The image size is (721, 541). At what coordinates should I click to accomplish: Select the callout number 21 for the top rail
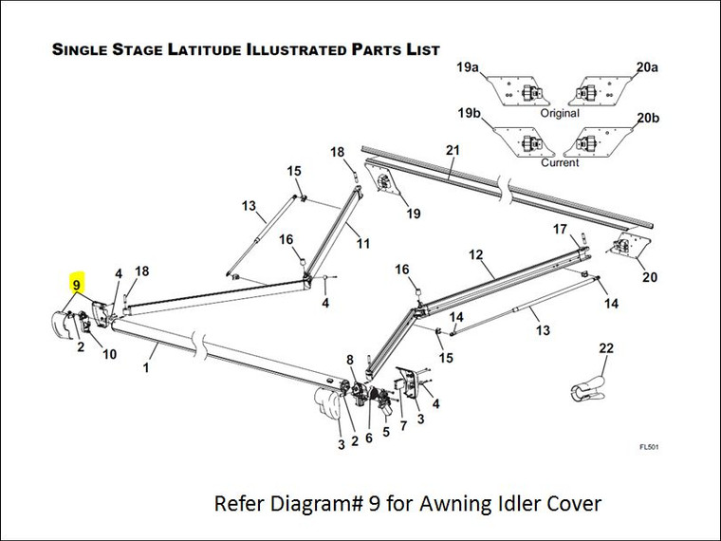452,150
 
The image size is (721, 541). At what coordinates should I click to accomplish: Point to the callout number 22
607,348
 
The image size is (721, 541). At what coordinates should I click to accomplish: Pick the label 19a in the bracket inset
466,68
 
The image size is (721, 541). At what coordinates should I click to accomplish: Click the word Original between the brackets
559,113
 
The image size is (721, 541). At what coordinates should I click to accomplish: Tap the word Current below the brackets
559,163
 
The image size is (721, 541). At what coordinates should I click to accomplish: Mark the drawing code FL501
650,446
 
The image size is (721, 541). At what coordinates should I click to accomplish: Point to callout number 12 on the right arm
476,254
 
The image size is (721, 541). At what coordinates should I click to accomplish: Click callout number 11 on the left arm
362,243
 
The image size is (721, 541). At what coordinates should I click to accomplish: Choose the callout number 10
110,354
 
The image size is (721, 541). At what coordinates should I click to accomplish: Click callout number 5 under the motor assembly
386,431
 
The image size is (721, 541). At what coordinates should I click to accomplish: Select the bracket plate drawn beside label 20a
597,93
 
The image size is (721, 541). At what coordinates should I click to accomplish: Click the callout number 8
350,360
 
